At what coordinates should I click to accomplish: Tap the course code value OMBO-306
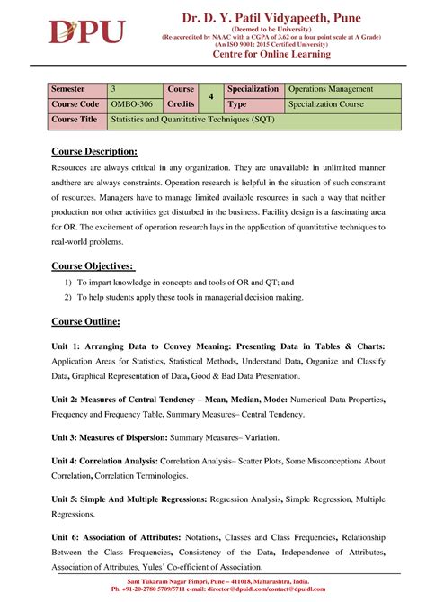pyautogui.click(x=130, y=104)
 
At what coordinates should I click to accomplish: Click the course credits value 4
pyautogui.click(x=209, y=97)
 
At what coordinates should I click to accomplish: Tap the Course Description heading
pyautogui.click(x=94, y=150)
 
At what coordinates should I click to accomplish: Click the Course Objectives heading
pyautogui.click(x=93, y=265)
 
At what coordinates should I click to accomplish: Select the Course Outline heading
pyautogui.click(x=85, y=321)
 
